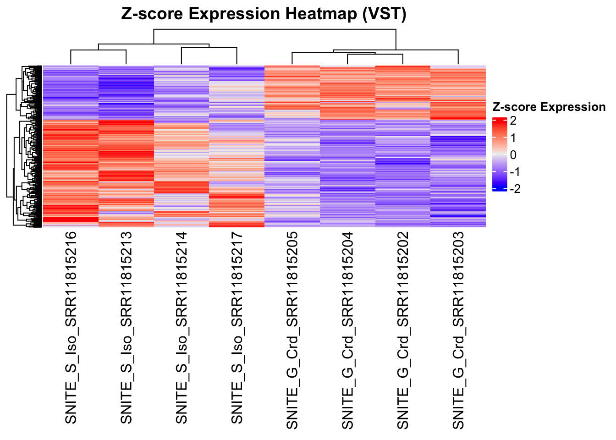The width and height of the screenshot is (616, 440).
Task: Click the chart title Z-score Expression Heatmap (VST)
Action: tap(264, 14)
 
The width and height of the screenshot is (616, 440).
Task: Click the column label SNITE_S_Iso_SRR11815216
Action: tap(71, 328)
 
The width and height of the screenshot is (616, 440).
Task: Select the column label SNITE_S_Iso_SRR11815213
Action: tap(126, 328)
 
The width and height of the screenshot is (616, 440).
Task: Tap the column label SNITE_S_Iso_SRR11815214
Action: tap(182, 328)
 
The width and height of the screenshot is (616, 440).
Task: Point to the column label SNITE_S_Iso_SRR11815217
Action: tap(237, 328)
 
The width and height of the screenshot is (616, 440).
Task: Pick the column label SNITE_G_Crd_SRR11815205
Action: tap(292, 330)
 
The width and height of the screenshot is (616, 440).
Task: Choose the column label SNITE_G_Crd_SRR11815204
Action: tap(348, 330)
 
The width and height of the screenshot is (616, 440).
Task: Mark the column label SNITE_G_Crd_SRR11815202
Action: tap(403, 330)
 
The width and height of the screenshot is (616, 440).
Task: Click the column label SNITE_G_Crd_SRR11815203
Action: tap(458, 330)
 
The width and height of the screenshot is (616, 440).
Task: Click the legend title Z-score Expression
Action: tap(549, 107)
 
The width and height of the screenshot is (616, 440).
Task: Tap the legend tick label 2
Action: tap(513, 121)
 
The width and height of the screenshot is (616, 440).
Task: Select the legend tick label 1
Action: tap(513, 138)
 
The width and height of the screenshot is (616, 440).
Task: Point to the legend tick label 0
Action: tap(513, 155)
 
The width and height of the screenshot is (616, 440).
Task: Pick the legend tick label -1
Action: tap(515, 172)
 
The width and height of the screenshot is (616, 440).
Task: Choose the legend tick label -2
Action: tap(515, 189)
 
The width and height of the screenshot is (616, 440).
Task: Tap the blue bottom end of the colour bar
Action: tap(499, 189)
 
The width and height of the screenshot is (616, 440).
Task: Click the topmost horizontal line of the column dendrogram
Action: tap(275, 29)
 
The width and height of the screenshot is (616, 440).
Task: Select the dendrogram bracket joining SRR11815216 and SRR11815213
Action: tap(99, 49)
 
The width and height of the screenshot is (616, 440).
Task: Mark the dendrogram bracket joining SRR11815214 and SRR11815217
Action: tap(209, 48)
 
